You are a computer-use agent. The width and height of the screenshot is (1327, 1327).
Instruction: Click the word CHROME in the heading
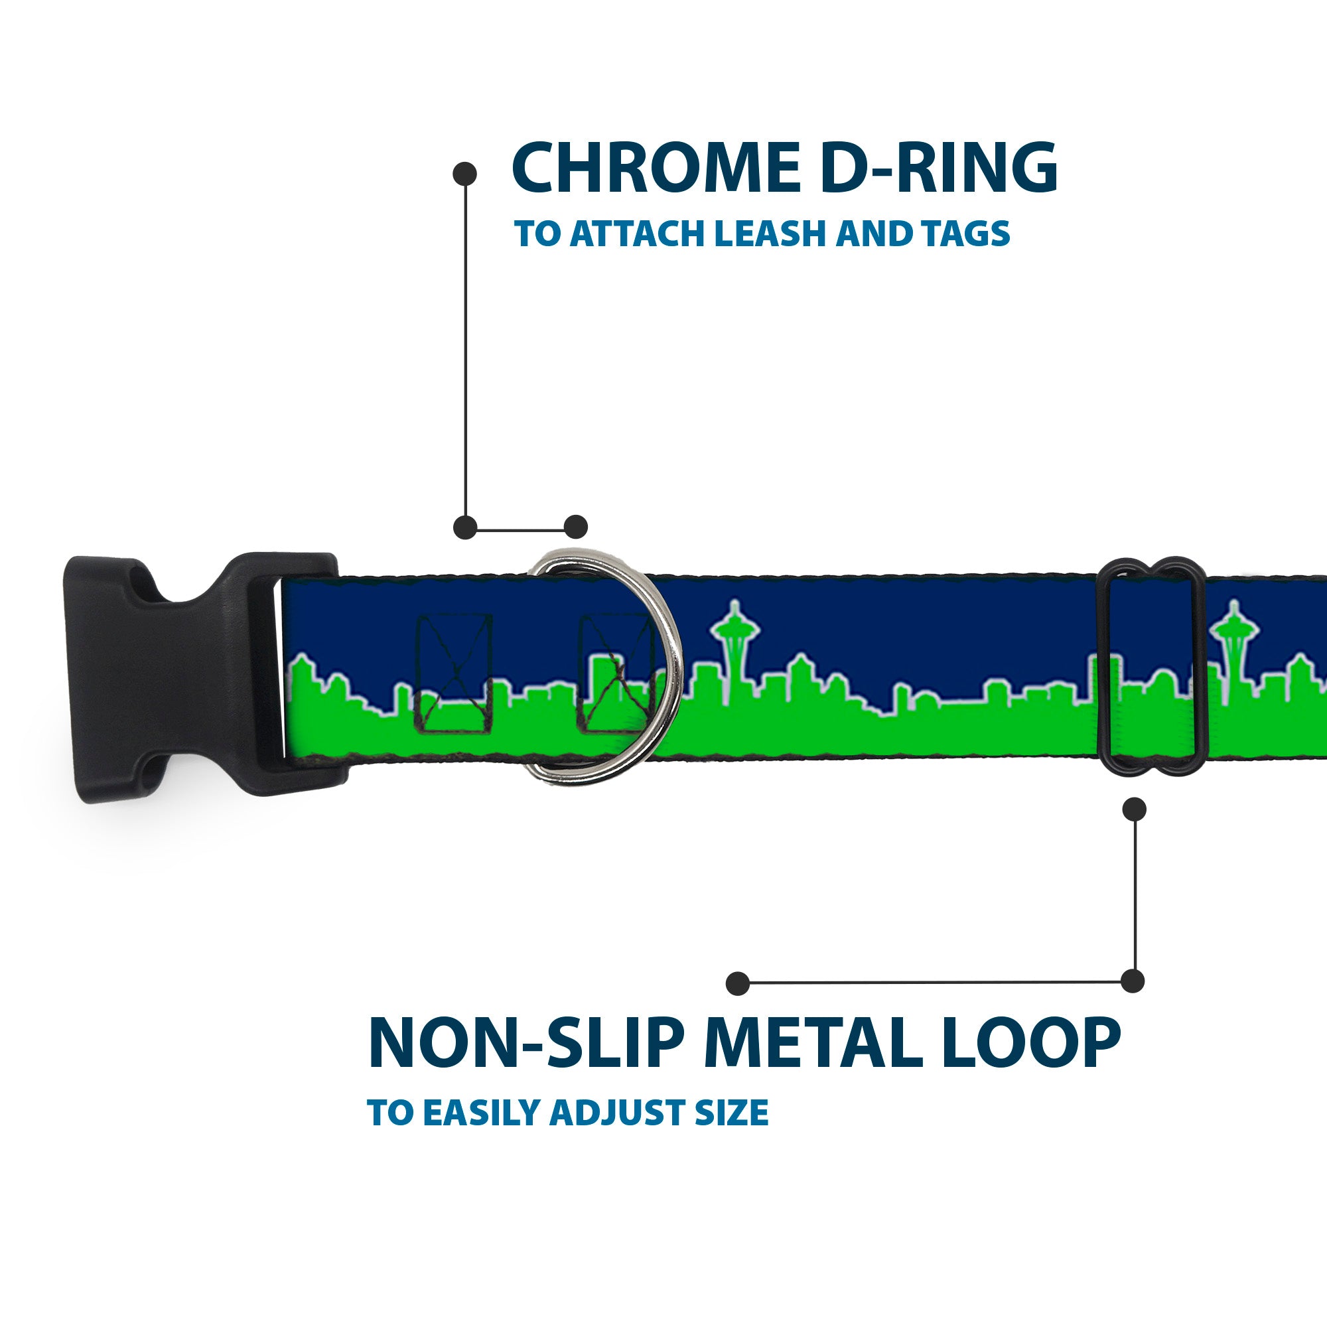[x=656, y=169]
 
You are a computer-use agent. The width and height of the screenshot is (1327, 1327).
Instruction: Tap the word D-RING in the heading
[x=938, y=169]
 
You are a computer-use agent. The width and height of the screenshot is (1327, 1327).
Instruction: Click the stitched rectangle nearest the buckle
[x=454, y=673]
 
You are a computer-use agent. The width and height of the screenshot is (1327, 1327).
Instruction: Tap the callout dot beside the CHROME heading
[x=465, y=174]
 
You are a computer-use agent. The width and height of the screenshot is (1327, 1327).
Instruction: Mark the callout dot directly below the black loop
[x=1134, y=809]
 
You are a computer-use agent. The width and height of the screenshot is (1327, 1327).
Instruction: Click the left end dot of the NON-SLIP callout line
[x=738, y=983]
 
